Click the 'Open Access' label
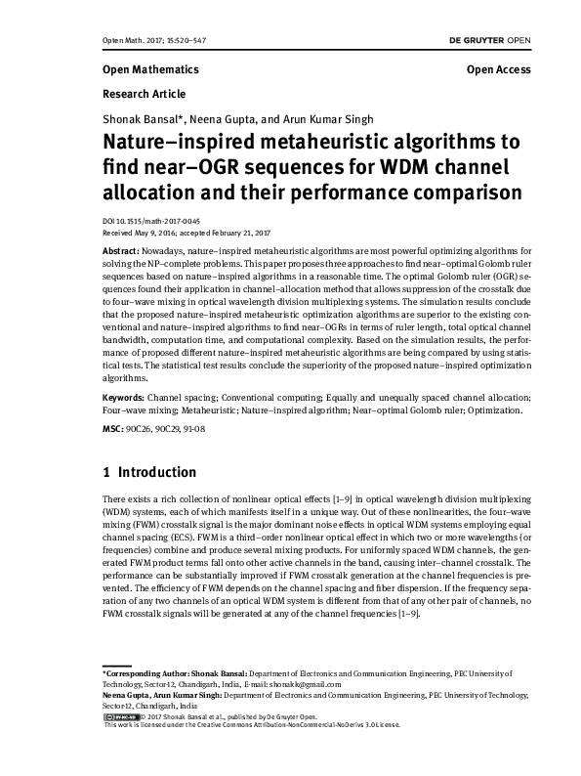pos(498,70)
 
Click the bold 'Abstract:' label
pos(120,251)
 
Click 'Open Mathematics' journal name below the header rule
pos(149,70)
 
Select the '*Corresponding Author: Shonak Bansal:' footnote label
pos(175,674)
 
